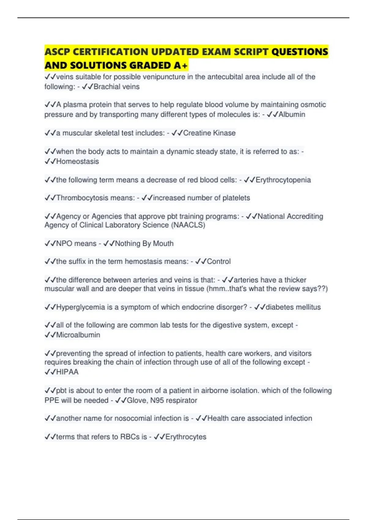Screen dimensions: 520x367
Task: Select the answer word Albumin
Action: coord(292,114)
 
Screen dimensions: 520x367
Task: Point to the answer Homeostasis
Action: coord(77,162)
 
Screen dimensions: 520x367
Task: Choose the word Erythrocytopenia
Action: coord(283,180)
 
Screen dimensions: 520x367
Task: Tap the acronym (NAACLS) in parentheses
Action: coord(188,225)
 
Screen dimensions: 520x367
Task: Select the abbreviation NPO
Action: coord(64,243)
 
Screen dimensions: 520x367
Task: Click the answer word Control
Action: coord(219,262)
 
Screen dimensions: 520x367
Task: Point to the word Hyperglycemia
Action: coord(80,307)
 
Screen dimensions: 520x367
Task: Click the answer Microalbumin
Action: coord(78,335)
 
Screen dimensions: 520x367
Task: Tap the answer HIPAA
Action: coord(67,372)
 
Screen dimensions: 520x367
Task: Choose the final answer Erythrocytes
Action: coord(186,437)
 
